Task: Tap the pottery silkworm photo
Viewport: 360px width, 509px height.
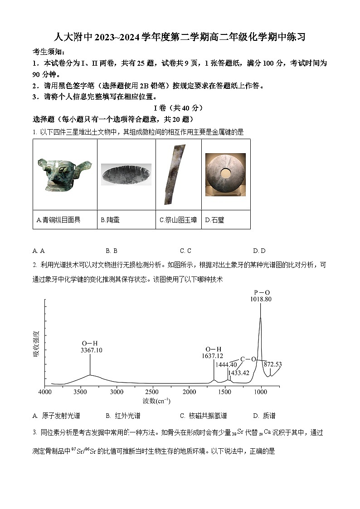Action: pos(126,175)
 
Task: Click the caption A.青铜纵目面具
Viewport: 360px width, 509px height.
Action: pos(58,220)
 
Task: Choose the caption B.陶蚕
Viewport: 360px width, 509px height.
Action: pos(110,220)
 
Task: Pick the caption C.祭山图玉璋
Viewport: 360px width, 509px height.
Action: pos(178,220)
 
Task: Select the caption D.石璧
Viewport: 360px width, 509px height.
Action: pos(214,220)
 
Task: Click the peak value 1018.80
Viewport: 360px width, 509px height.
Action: pos(261,299)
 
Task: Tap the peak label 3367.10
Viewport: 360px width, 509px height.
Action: pos(91,350)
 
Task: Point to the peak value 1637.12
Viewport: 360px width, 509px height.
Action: pos(213,356)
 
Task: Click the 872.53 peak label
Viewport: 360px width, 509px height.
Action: pos(272,364)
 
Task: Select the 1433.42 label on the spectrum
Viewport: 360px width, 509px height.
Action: pos(238,373)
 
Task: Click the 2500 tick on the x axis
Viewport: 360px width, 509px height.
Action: pos(152,392)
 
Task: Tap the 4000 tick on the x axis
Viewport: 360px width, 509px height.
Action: pos(44,392)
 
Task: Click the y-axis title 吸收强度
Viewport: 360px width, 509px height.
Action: pos(36,344)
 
